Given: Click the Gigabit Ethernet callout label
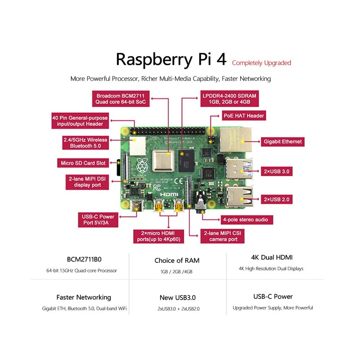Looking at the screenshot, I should coord(283,141).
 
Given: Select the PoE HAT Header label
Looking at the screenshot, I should coord(243,116).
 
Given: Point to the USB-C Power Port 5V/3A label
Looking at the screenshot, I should coord(98,220).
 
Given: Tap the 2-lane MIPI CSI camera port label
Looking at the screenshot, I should coord(223,236).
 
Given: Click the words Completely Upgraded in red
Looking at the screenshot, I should coord(261,63).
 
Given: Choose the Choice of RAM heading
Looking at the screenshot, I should coord(177,261).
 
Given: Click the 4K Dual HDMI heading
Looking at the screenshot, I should coord(272,258).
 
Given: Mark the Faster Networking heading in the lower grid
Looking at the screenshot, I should coord(84,297).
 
